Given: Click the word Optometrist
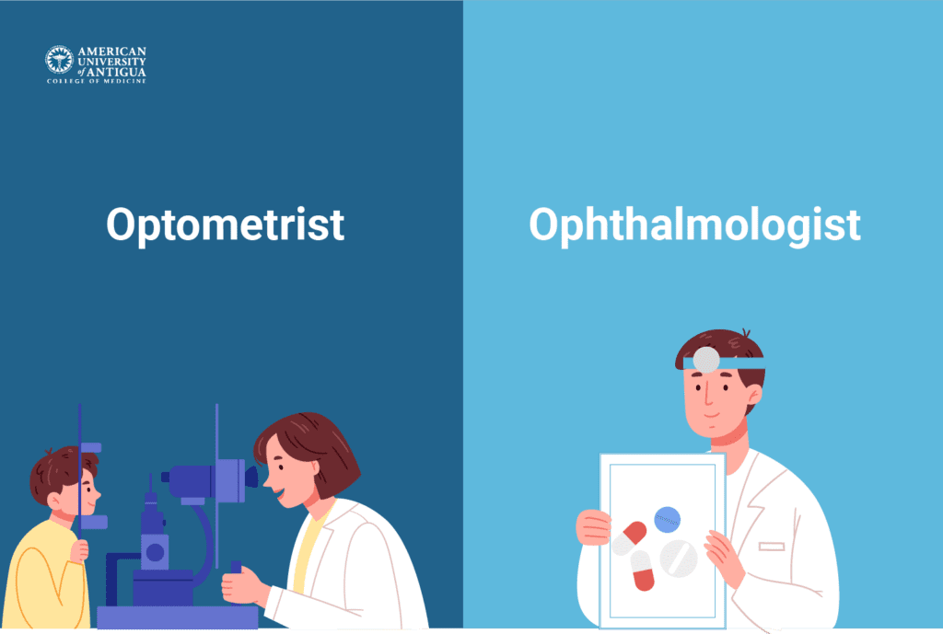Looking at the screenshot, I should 225,225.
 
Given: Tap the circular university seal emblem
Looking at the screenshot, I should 59,61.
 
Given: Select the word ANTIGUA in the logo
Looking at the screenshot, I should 118,71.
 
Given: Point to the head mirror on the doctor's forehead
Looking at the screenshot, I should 705,360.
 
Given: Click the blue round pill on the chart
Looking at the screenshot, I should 667,520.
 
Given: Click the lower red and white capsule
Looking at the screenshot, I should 642,571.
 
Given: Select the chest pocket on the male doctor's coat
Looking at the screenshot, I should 772,546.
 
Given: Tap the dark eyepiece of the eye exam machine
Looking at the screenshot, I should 250,478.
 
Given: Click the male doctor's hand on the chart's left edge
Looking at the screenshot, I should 592,527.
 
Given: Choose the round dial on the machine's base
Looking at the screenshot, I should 155,552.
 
